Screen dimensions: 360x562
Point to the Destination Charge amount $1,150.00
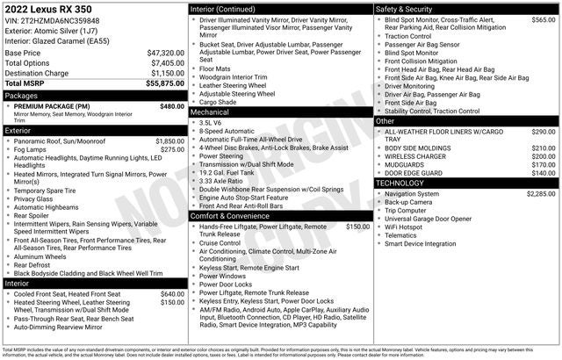pos(165,73)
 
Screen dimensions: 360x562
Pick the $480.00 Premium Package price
pos(172,106)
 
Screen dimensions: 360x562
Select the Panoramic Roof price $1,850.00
pos(169,140)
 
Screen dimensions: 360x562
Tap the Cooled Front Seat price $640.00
pos(172,294)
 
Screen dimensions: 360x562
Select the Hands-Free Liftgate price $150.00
pos(357,227)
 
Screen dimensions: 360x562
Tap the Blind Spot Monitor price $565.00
pos(544,19)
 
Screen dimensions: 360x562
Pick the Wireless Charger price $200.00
pos(544,156)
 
